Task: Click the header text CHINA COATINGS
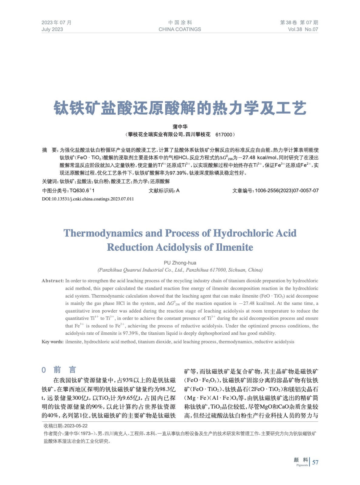(x=180, y=29)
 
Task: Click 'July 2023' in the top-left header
(x=52, y=29)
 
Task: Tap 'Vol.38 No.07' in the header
(x=303, y=29)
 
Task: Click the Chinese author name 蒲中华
(x=180, y=127)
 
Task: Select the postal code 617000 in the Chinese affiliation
(x=224, y=135)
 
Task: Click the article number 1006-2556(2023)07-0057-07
(x=287, y=191)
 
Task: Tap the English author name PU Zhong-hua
(x=180, y=263)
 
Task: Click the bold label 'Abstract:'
(x=53, y=281)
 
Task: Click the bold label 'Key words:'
(x=52, y=342)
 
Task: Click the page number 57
(x=315, y=462)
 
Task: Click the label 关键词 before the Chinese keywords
(x=49, y=182)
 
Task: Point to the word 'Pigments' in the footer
(x=302, y=465)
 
